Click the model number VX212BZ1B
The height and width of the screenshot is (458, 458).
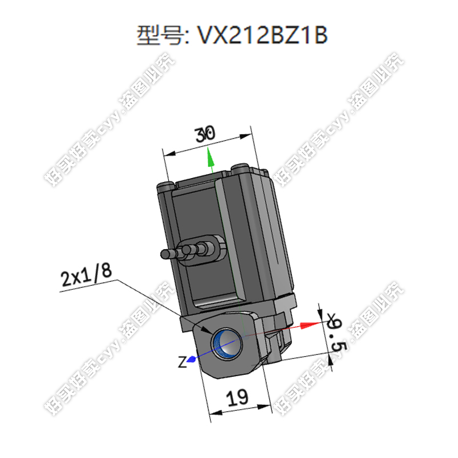click(262, 35)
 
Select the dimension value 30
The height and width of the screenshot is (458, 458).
click(205, 135)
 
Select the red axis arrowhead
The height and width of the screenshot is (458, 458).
click(309, 325)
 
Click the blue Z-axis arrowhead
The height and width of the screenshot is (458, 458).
click(192, 359)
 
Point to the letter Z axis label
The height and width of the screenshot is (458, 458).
click(181, 362)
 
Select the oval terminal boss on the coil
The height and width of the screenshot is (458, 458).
click(215, 245)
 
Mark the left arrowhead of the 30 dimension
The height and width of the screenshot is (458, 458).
click(168, 153)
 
